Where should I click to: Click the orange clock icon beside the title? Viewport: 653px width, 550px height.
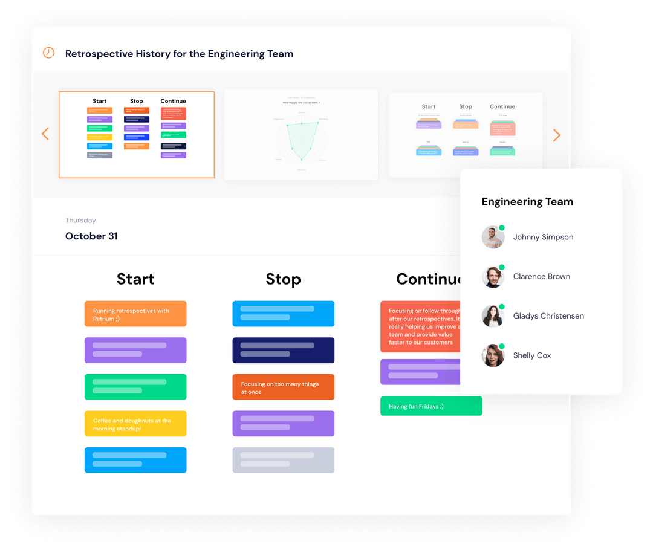point(48,53)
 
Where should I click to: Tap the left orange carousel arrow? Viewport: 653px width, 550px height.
point(45,134)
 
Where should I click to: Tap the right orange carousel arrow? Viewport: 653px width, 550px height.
point(556,135)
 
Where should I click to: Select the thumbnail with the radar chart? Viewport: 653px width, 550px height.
point(301,134)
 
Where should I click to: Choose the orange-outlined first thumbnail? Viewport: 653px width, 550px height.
point(136,135)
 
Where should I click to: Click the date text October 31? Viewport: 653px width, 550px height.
point(91,236)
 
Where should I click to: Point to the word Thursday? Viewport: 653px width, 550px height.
point(80,221)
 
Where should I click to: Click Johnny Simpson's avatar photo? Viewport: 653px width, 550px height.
point(493,238)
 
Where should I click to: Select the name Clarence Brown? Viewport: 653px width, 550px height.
point(541,277)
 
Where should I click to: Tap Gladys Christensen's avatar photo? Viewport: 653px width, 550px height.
point(493,316)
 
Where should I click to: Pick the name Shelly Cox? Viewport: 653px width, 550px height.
point(532,355)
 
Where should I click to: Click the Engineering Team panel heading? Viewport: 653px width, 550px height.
point(527,202)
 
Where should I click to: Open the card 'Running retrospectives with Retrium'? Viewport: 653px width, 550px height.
point(135,314)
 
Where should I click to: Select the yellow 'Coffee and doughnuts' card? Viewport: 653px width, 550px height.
point(135,424)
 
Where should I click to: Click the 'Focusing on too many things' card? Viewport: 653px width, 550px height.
point(283,387)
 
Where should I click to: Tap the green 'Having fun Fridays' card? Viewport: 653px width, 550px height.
point(430,406)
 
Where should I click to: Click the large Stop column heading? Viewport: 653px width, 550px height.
point(283,279)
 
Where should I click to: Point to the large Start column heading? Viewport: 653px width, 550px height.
point(135,279)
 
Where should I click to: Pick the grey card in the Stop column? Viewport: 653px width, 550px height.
point(283,460)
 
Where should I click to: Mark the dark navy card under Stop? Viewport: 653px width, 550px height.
point(283,351)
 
